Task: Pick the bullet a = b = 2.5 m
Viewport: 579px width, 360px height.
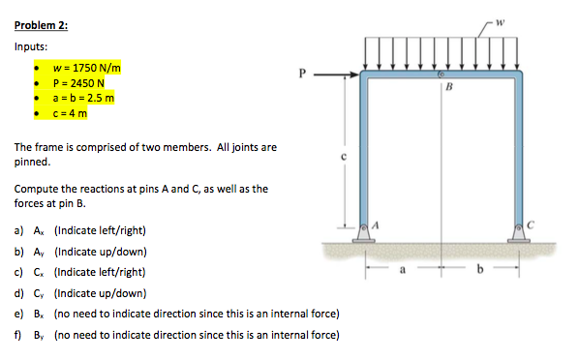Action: point(84,98)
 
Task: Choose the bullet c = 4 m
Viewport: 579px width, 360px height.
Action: point(70,112)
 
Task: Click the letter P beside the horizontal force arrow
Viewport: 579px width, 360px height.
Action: point(302,72)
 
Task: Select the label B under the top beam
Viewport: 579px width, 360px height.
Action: point(447,86)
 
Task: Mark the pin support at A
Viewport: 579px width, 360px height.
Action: point(366,231)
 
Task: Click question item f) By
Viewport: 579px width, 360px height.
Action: point(176,335)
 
